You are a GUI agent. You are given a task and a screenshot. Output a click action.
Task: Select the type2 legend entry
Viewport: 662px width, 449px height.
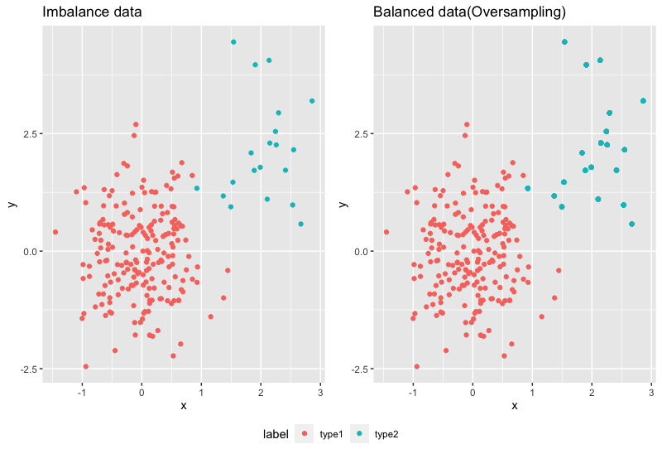point(386,433)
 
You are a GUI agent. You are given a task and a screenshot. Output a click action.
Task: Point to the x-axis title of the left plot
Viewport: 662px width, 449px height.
point(183,406)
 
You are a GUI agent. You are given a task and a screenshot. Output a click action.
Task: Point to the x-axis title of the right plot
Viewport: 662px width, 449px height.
point(514,406)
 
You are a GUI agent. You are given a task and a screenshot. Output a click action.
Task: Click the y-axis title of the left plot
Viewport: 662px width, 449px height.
point(12,205)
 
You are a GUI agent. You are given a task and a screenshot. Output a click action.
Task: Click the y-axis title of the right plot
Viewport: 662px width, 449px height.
point(343,205)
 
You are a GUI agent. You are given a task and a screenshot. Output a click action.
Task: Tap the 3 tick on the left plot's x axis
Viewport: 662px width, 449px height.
point(319,391)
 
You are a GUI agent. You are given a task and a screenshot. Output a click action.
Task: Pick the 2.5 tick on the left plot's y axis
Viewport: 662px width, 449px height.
point(29,134)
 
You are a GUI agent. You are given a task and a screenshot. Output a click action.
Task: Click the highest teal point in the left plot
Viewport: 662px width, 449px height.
point(233,41)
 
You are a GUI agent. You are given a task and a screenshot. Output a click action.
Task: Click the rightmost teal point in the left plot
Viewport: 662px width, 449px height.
point(312,101)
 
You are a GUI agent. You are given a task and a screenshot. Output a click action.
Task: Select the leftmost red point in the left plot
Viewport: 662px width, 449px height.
point(55,232)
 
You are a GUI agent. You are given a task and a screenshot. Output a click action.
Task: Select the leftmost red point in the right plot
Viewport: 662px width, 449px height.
point(386,232)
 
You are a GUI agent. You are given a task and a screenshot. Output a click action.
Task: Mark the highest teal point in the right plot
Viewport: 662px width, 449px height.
point(564,41)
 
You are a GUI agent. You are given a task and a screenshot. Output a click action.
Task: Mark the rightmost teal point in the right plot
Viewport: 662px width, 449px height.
point(643,101)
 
